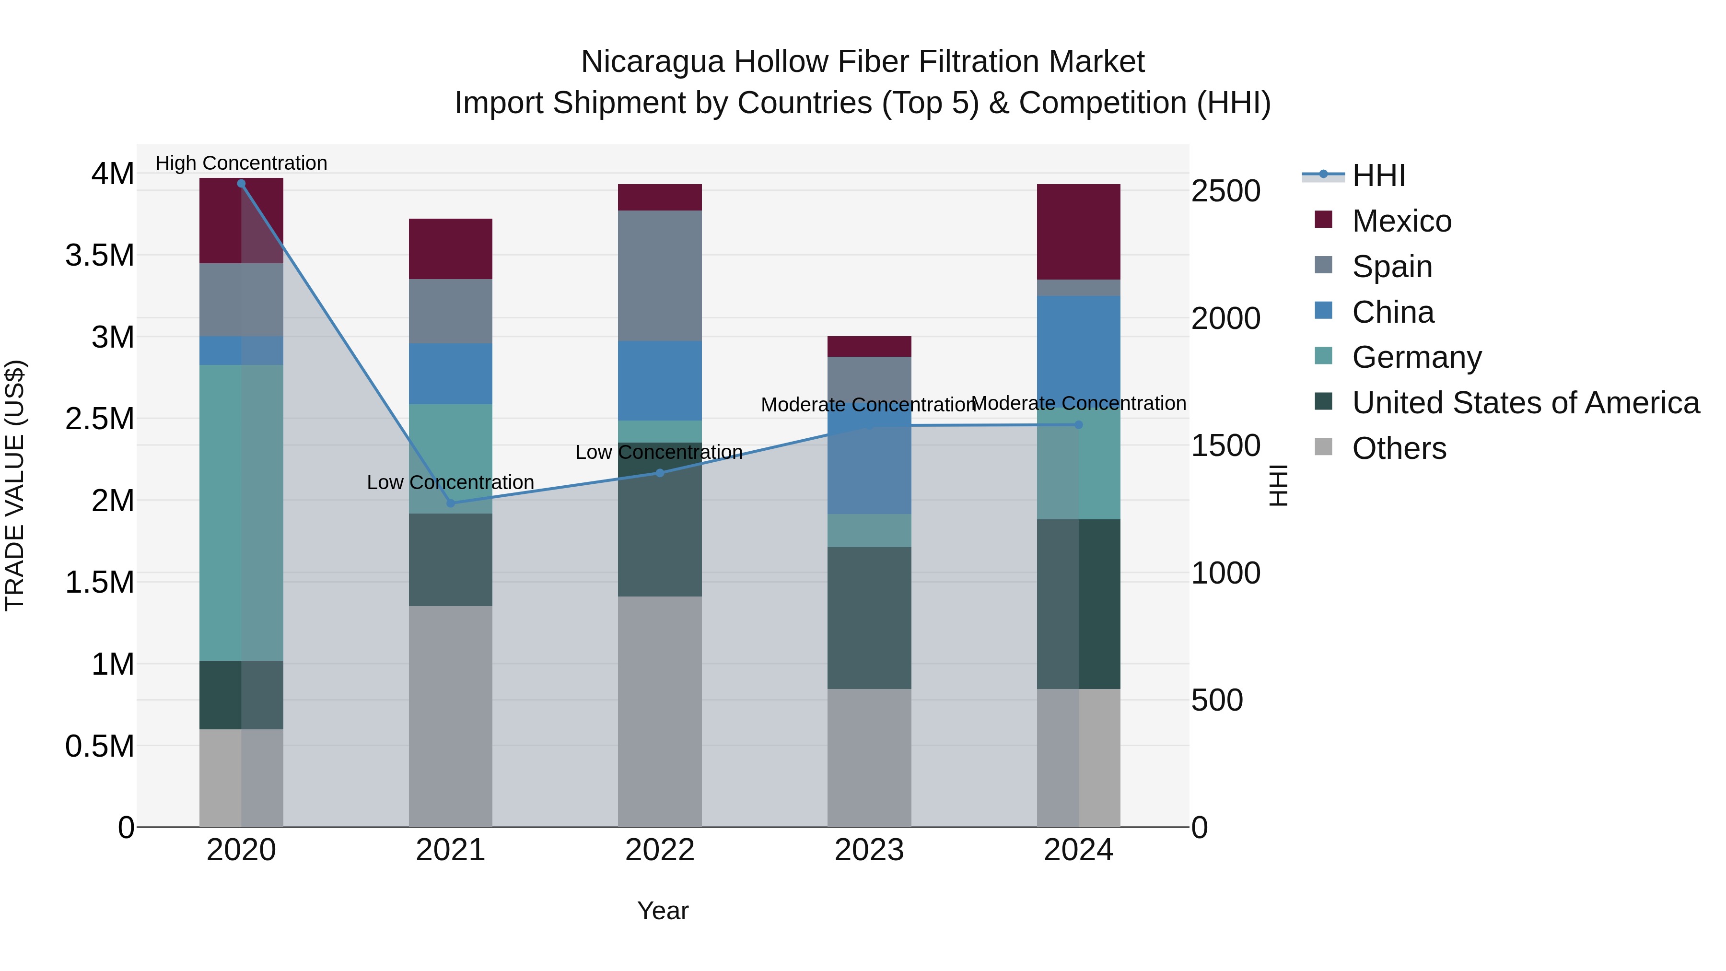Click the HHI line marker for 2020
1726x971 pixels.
point(241,184)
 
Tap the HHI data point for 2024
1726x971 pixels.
point(1079,425)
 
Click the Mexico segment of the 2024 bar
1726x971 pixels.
point(1079,232)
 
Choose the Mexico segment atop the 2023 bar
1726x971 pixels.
point(869,347)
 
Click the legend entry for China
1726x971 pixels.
point(1392,312)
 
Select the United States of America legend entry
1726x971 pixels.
point(1525,403)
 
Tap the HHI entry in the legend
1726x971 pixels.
point(1377,175)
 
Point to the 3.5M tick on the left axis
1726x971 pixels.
point(100,255)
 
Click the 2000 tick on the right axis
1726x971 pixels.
point(1225,318)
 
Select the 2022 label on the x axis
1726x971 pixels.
point(659,850)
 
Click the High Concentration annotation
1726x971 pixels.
point(241,163)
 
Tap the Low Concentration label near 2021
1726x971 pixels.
point(450,482)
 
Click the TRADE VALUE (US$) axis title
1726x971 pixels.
point(15,485)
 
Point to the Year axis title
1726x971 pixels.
point(662,911)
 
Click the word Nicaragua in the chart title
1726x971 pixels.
point(653,62)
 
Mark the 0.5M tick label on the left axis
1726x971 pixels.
point(100,746)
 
